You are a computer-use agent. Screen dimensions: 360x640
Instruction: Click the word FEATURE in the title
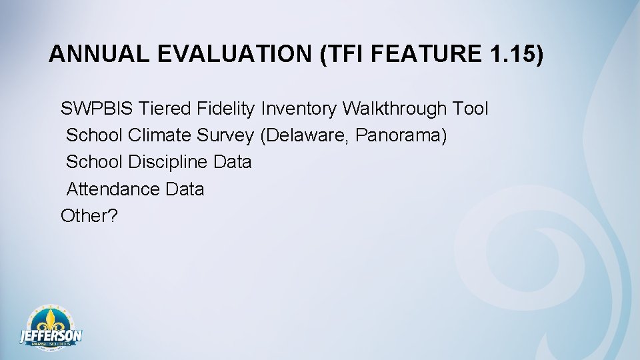click(x=424, y=55)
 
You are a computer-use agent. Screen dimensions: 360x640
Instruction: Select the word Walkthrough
click(x=395, y=108)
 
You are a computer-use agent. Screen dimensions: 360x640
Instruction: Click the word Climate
click(x=160, y=135)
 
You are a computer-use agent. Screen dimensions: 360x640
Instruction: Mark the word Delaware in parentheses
click(x=305, y=135)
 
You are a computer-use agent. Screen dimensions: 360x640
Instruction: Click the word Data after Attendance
click(x=185, y=189)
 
